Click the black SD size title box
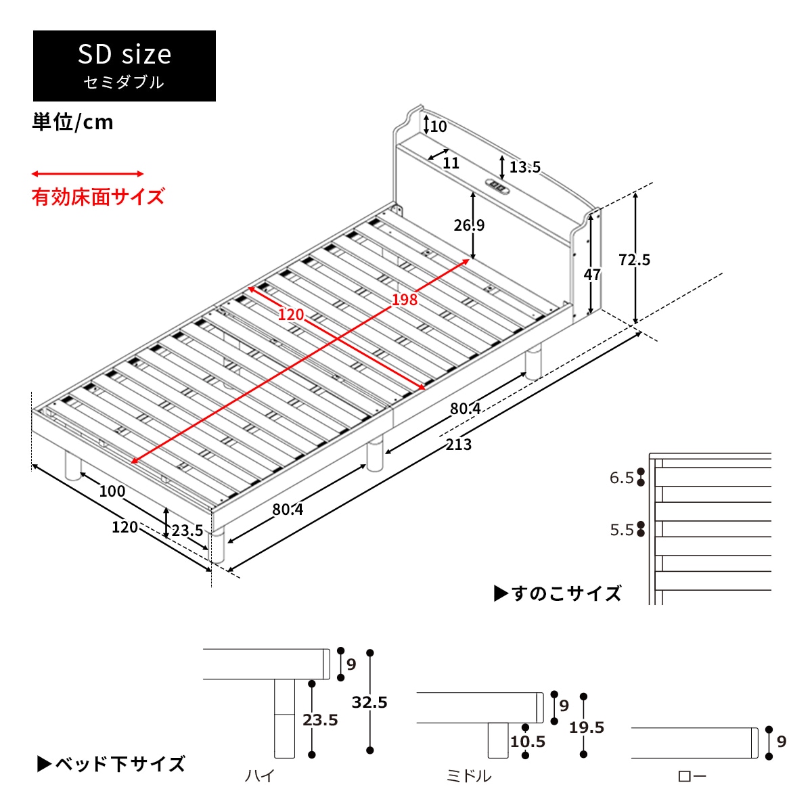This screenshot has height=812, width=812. click(x=125, y=66)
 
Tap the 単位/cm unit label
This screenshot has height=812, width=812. click(x=73, y=122)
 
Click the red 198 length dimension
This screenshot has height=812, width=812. click(x=405, y=299)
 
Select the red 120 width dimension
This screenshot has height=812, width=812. click(x=291, y=315)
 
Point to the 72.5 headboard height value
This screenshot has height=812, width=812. click(x=634, y=260)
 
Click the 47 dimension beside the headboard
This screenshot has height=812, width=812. click(x=592, y=275)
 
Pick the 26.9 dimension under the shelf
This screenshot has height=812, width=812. click(x=469, y=225)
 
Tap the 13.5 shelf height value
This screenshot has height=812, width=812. click(x=524, y=167)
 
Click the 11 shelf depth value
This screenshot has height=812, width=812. click(x=451, y=163)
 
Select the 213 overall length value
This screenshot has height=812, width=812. click(x=459, y=445)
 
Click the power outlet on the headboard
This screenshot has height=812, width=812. click(x=497, y=186)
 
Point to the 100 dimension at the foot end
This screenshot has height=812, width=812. click(x=112, y=491)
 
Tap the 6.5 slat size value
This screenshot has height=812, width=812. click(x=622, y=478)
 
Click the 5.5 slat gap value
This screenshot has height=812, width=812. click(x=622, y=530)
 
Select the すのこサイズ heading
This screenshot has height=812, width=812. click(x=558, y=594)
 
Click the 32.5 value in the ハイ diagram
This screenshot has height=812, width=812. click(x=369, y=702)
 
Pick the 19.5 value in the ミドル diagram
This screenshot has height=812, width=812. click(x=587, y=727)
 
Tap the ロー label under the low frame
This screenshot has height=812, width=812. click(x=692, y=776)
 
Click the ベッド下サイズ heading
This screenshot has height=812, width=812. click(x=112, y=765)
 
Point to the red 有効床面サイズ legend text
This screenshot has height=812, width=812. click(x=98, y=197)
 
